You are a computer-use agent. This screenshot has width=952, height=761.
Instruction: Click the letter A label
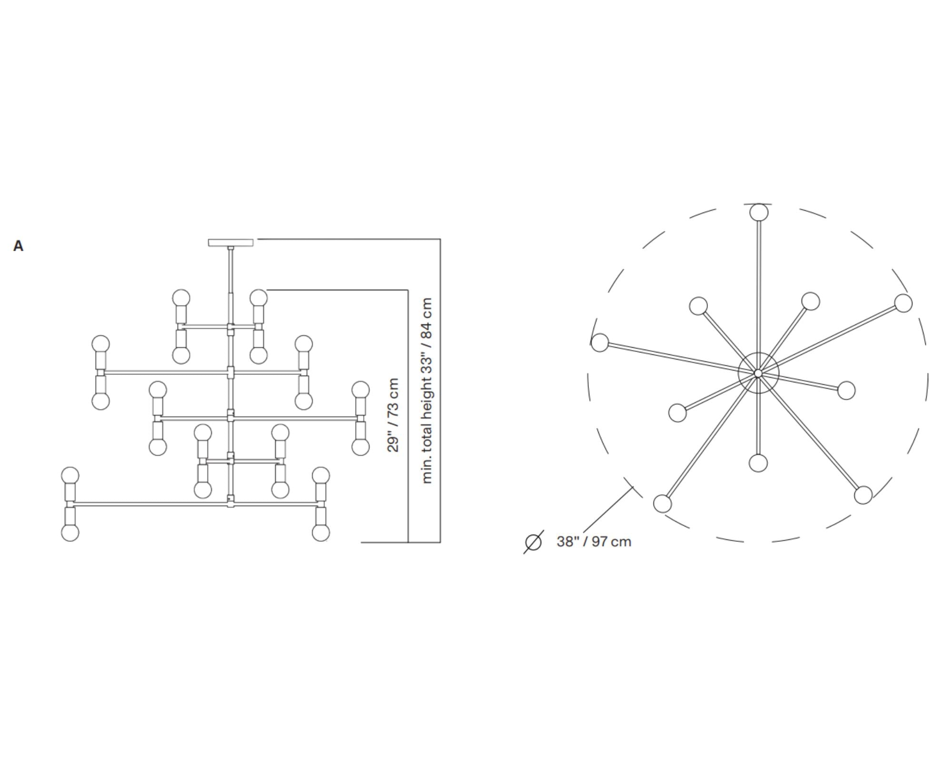(18, 246)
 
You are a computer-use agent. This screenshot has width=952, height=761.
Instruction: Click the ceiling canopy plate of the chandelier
(230, 243)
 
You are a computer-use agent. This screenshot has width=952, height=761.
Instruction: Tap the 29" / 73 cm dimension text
(393, 415)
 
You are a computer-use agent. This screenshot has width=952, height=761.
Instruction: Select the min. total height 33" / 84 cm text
(427, 390)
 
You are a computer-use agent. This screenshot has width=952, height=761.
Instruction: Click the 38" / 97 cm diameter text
(594, 542)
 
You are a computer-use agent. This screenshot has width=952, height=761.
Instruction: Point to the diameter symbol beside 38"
(533, 542)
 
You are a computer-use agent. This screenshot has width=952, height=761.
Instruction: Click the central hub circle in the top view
(758, 373)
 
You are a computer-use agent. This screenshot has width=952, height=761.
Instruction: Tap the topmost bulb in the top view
(759, 212)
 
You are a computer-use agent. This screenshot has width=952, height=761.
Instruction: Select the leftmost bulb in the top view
(600, 342)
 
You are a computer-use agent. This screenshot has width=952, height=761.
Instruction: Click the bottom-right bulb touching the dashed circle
(863, 495)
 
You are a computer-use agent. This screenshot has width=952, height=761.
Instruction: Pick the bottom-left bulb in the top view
(663, 503)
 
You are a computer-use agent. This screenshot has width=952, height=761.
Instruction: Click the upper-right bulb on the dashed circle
(903, 303)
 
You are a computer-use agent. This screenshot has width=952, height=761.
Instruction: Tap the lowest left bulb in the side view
(70, 532)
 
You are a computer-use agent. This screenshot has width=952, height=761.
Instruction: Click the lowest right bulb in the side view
(321, 532)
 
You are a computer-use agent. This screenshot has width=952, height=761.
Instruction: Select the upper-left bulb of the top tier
(181, 298)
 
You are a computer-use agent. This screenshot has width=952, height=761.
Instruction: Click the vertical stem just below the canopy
(231, 271)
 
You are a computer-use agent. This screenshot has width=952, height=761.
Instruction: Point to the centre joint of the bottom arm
(231, 501)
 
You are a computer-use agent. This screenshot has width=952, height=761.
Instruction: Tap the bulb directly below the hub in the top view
(758, 463)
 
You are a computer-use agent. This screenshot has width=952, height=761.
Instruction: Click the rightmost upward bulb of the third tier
(360, 390)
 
